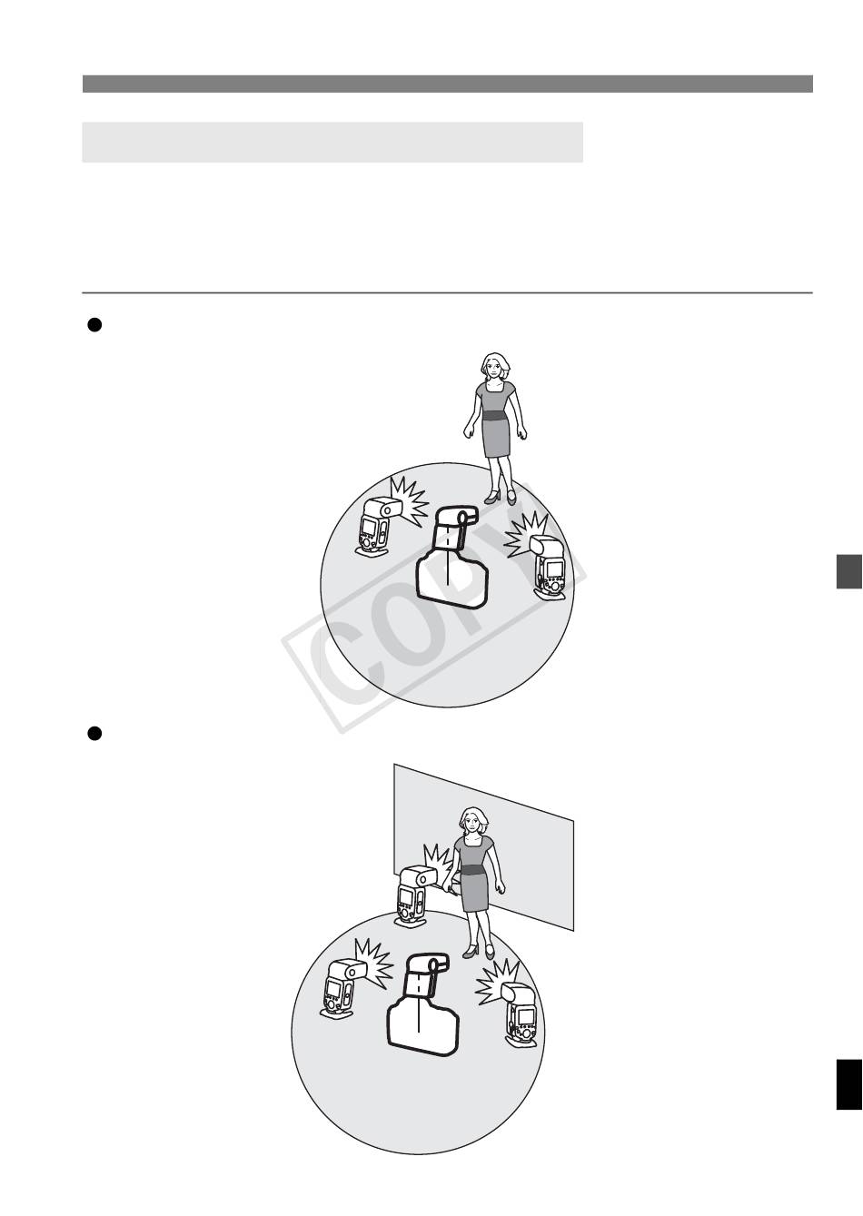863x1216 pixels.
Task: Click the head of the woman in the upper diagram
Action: pyautogui.click(x=495, y=367)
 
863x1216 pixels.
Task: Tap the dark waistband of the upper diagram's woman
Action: pyautogui.click(x=495, y=416)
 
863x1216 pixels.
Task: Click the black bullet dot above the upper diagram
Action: pyautogui.click(x=94, y=324)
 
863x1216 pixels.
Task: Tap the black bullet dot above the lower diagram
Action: pyautogui.click(x=94, y=734)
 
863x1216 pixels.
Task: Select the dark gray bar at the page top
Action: pyautogui.click(x=448, y=84)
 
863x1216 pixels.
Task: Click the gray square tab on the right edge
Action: pyautogui.click(x=848, y=571)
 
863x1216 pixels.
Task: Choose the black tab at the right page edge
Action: pyautogui.click(x=848, y=1084)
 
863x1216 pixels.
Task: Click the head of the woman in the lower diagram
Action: pyautogui.click(x=473, y=823)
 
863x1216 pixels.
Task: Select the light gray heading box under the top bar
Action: pyautogui.click(x=332, y=143)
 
